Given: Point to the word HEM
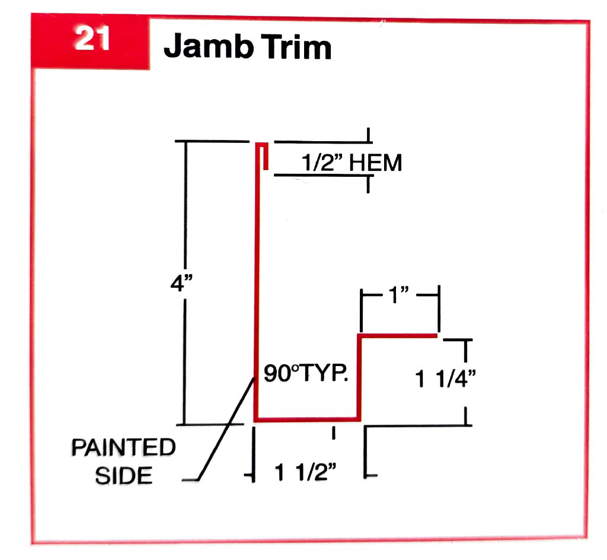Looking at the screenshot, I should tap(375, 162).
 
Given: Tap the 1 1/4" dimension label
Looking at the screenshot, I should tap(445, 379).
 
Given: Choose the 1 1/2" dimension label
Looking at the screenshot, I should tap(306, 473).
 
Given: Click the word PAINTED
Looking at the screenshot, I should tap(123, 448).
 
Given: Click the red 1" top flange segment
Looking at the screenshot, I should tap(397, 336).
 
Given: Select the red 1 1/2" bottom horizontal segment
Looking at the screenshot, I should tap(307, 420).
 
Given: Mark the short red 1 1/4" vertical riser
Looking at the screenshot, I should tap(359, 378).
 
